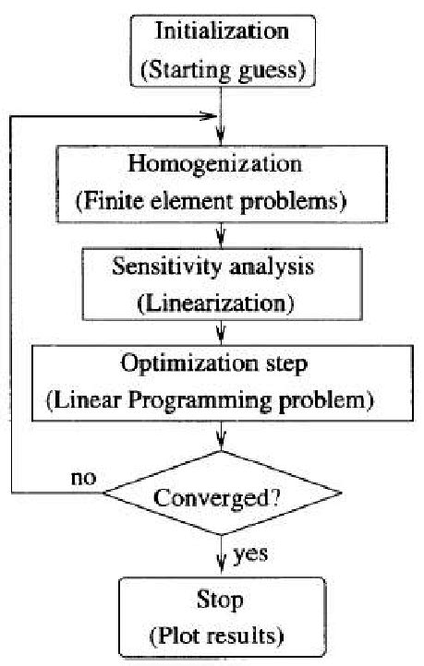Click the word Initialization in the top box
(222, 31)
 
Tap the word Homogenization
(214, 164)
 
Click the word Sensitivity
(166, 268)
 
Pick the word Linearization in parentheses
(215, 303)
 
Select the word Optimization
(189, 364)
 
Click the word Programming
(200, 401)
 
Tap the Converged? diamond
(222, 493)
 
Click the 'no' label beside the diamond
(84, 478)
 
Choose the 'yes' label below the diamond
(251, 554)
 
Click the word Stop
(220, 601)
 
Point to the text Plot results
(216, 636)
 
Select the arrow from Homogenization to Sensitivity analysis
(220, 235)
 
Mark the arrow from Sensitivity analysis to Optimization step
(220, 333)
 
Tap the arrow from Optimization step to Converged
(221, 435)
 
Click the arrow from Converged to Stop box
(221, 556)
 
